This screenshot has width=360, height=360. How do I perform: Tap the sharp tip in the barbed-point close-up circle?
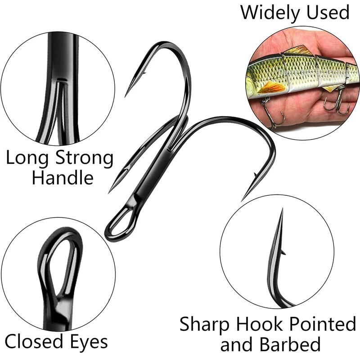click(x=281, y=211)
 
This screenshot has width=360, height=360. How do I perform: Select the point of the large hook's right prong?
click(x=243, y=199)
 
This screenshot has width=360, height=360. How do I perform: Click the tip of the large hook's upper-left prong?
click(x=126, y=95)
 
